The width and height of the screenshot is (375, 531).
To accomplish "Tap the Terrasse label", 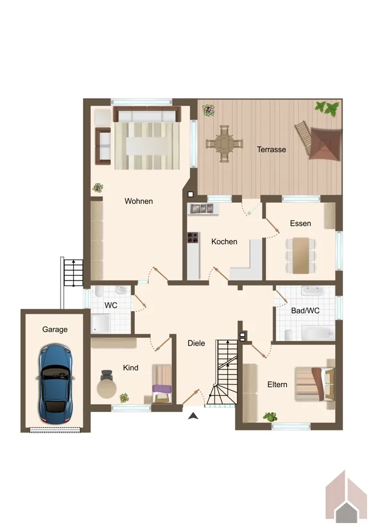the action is (x=271, y=149).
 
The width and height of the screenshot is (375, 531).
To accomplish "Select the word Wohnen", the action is (x=139, y=201).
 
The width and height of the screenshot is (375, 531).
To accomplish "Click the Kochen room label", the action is (x=224, y=242).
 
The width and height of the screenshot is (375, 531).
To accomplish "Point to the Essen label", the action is (x=301, y=224).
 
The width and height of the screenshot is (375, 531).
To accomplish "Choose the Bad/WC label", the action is (x=305, y=311).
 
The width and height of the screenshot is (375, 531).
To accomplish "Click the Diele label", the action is (x=197, y=343).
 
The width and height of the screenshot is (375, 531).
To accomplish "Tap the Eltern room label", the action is (x=277, y=384).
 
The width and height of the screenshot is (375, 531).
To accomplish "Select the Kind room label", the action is (x=131, y=367).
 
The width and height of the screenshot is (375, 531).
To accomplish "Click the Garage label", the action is (x=55, y=329).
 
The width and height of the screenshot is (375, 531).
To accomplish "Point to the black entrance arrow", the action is (x=193, y=416).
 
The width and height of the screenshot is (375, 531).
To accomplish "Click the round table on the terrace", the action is (x=224, y=143).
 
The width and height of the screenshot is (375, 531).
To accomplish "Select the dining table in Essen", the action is (x=301, y=255).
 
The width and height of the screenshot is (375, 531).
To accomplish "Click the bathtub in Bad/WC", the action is (x=318, y=333).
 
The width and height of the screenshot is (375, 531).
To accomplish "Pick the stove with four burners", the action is (x=193, y=238).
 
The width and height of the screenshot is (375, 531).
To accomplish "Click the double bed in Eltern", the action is (x=314, y=384).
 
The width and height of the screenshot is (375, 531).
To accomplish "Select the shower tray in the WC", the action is (x=100, y=323).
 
